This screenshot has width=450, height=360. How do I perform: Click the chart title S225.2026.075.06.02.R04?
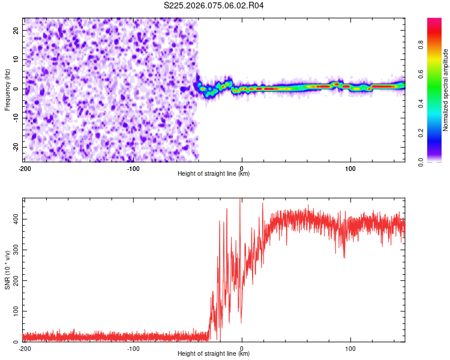click(214, 5)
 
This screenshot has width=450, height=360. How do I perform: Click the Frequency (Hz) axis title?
click(7, 89)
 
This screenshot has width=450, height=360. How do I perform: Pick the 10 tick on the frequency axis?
click(16, 59)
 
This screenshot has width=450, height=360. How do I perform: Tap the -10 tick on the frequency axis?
click(15, 118)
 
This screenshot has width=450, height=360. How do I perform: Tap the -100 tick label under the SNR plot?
click(133, 349)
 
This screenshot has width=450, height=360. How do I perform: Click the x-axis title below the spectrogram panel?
click(214, 173)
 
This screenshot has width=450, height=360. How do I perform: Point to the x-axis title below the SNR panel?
click(214, 354)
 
